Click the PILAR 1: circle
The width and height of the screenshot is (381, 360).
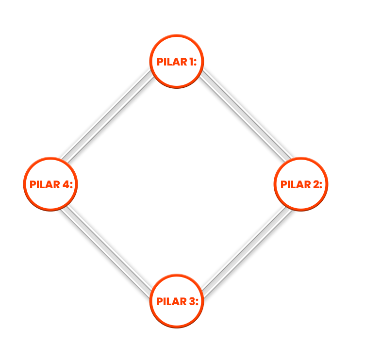point(177,62)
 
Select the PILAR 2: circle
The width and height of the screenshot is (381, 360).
point(301,184)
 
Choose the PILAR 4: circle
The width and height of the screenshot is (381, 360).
point(51,184)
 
